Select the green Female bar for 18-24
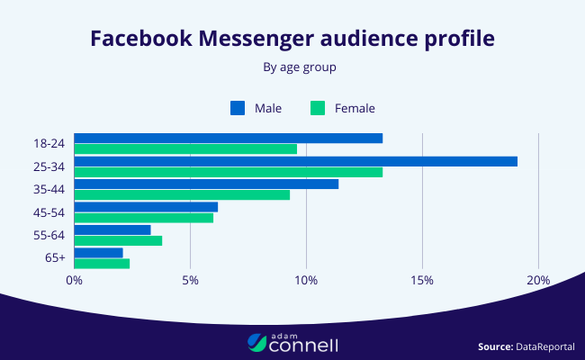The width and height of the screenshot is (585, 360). [185, 148]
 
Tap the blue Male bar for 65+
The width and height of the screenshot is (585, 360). [98, 253]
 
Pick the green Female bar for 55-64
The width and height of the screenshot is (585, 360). [118, 240]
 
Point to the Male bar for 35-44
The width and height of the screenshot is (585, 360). [206, 184]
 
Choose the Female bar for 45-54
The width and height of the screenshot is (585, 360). [144, 217]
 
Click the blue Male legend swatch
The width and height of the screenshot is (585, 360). [238, 108]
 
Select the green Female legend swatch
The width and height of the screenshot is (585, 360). [318, 108]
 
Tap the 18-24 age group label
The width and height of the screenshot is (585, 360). [48, 143]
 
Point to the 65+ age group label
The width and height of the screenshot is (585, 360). [54, 258]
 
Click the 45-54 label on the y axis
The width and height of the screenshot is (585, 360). [48, 212]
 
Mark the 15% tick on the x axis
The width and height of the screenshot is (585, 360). [422, 280]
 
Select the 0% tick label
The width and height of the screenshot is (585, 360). [75, 280]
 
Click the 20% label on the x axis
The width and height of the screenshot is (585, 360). [538, 280]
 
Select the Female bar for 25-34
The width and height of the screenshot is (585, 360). [229, 172]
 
